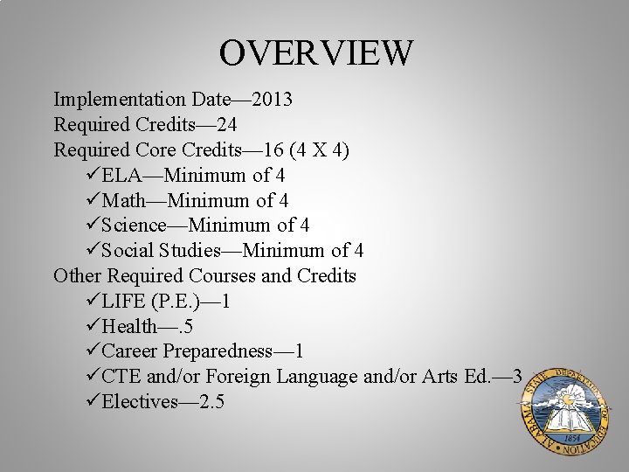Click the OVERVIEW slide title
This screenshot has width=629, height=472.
pos(314,52)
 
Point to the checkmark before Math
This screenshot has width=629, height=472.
pos(94,201)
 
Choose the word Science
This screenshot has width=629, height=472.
pos(134,226)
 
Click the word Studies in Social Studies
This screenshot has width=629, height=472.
pos(187,252)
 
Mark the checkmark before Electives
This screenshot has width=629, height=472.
pos(94,403)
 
